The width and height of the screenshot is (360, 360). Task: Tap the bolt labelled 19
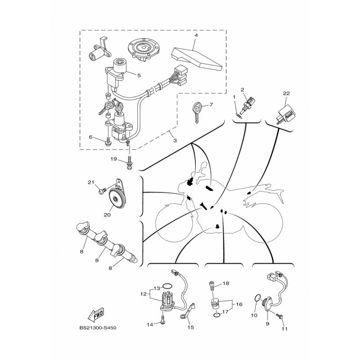(x=130, y=162)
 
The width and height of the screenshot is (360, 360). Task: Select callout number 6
(x=90, y=138)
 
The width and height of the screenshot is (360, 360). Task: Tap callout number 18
(x=226, y=283)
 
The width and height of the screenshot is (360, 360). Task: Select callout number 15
(x=191, y=328)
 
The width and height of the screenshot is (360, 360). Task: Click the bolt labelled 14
(x=161, y=322)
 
